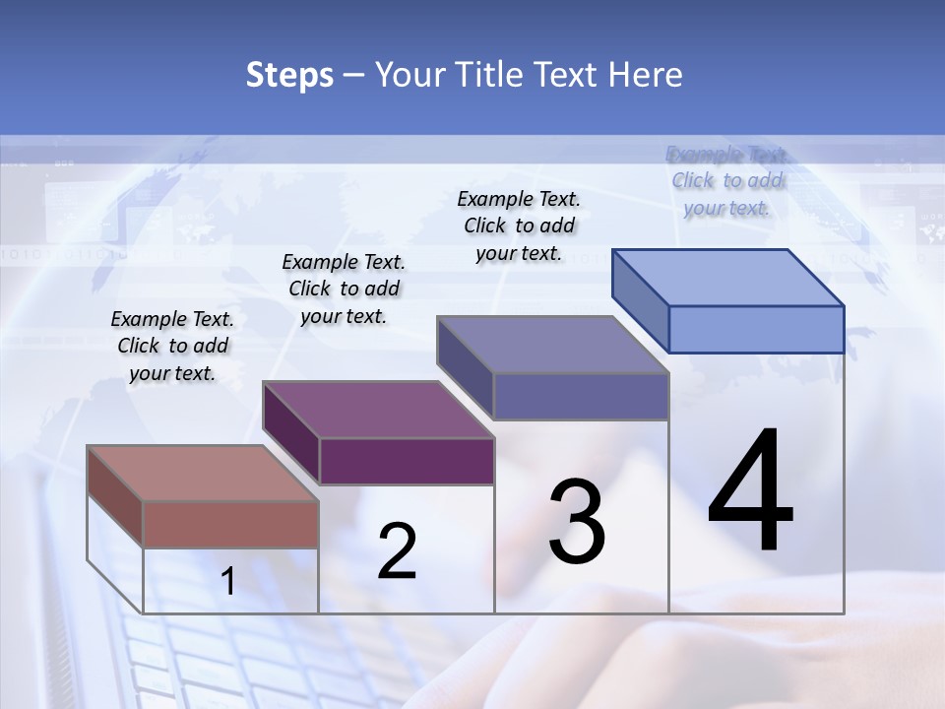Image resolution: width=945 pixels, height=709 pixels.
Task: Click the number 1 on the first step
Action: pyautogui.click(x=228, y=582)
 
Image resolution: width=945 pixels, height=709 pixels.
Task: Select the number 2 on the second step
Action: pyautogui.click(x=397, y=551)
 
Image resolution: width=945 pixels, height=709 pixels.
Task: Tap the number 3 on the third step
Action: pyautogui.click(x=576, y=522)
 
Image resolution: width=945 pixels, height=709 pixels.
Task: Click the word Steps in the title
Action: pyautogui.click(x=289, y=75)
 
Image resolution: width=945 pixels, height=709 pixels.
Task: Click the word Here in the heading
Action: pyautogui.click(x=645, y=75)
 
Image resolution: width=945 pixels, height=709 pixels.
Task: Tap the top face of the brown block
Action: pyautogui.click(x=202, y=473)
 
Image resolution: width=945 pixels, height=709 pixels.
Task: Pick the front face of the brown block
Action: pyautogui.click(x=230, y=524)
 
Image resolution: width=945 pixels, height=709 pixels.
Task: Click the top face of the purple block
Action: pyautogui.click(x=378, y=410)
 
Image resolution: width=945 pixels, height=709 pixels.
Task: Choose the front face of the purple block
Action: pyautogui.click(x=406, y=461)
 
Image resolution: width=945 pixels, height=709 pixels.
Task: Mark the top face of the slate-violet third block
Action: pyautogui.click(x=552, y=345)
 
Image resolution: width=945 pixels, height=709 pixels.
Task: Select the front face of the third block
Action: pyautogui.click(x=581, y=396)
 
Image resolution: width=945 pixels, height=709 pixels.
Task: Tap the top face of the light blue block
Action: pyautogui.click(x=727, y=277)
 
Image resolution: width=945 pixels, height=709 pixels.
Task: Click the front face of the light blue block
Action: pyautogui.click(x=756, y=329)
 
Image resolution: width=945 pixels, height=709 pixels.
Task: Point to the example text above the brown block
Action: pyautogui.click(x=172, y=346)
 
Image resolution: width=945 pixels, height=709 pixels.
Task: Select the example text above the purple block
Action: pyautogui.click(x=344, y=289)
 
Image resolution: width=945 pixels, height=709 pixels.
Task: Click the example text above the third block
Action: pyautogui.click(x=519, y=226)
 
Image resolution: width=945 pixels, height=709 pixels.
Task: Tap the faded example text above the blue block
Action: pyautogui.click(x=727, y=181)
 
